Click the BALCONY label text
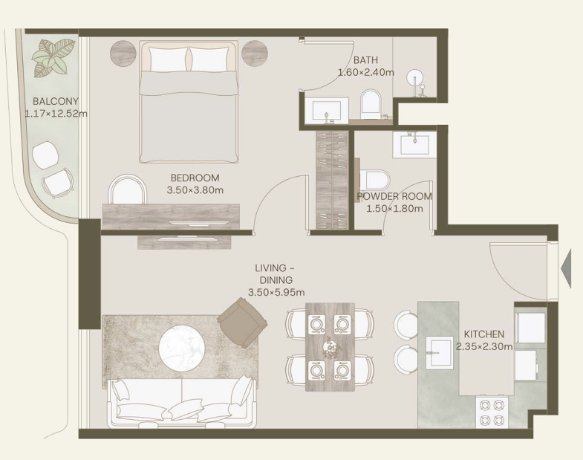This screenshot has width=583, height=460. click(56, 101)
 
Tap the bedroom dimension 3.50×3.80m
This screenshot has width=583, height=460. click(195, 190)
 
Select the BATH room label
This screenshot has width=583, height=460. click(365, 60)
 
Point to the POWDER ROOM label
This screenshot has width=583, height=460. click(394, 196)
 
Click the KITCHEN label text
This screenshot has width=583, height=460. click(484, 334)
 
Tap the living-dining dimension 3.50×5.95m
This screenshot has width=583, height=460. click(276, 293)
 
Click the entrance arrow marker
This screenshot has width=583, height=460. click(565, 268)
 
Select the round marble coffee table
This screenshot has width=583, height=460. click(182, 348)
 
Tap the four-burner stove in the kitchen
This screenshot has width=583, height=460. click(492, 412)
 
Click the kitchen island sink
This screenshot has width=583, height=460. click(440, 353)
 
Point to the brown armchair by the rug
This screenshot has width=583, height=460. click(242, 323)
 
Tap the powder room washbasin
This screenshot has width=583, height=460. click(414, 144)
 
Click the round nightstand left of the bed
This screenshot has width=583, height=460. click(123, 53)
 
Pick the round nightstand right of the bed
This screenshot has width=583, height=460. click(255, 53)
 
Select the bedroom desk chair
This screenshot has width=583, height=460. click(127, 189)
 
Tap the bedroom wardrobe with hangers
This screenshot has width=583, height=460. click(332, 180)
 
